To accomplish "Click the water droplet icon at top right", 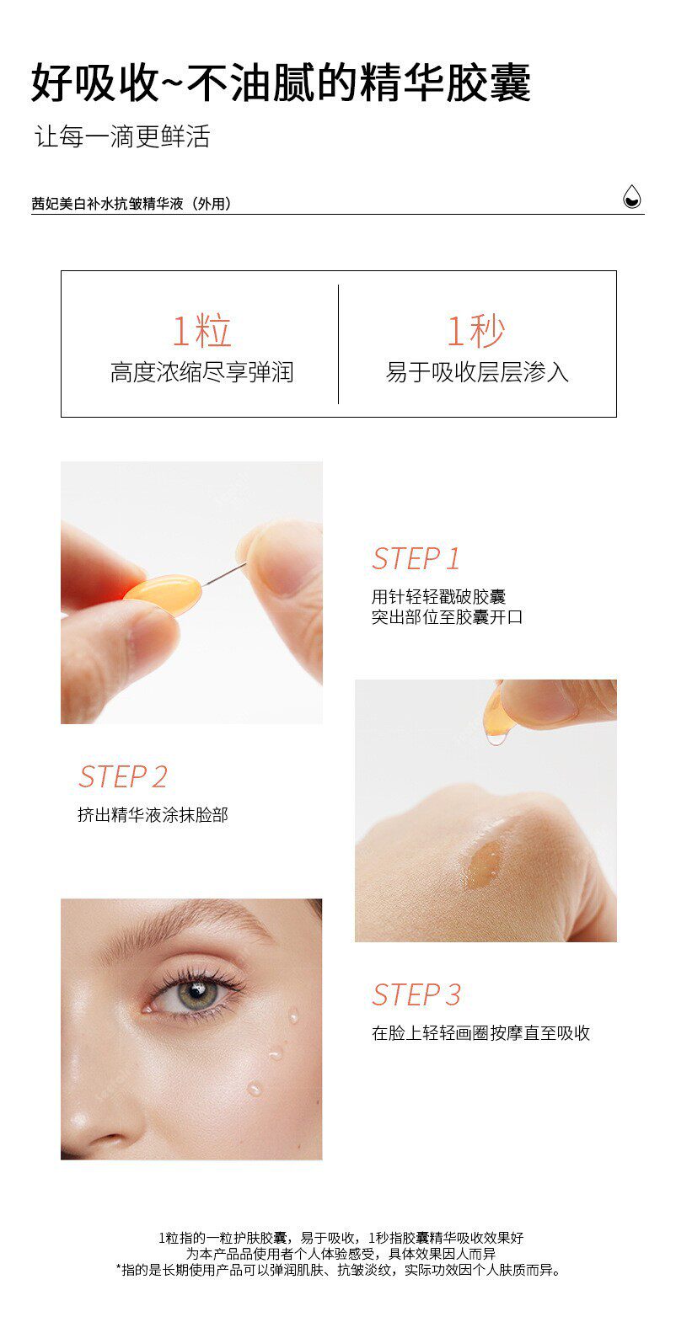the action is point(631,196).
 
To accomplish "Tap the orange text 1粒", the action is point(201,330).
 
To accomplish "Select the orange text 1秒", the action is point(476,330).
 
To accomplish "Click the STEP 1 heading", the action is point(416,559).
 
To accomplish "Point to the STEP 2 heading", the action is point(123,777).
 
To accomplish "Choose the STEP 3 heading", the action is point(416,995).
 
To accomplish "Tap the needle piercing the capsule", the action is point(224,574).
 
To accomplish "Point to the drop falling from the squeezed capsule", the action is point(496,739).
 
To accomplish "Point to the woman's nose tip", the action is point(87,1124).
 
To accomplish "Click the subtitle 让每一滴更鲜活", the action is point(122,136).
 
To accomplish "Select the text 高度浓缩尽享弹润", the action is point(202,372).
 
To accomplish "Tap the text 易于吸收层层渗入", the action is point(477,372).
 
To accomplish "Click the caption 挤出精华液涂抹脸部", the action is point(153,815).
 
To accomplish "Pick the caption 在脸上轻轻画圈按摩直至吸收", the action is point(480,1033).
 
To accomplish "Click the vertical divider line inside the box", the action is point(338,344).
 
